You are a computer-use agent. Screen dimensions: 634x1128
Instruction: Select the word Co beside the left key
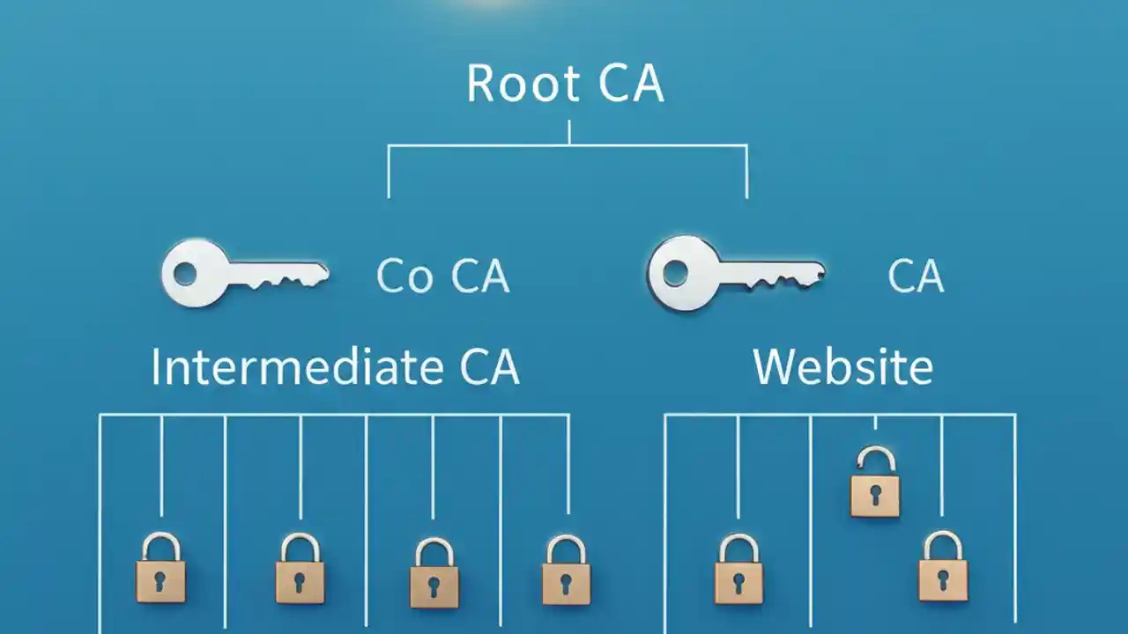click(404, 276)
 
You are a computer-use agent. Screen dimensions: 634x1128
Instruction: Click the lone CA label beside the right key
click(916, 276)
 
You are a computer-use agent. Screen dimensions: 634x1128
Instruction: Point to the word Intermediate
click(301, 367)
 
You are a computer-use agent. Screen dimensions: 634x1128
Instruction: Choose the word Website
click(842, 367)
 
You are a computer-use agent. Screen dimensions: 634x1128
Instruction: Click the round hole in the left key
click(186, 274)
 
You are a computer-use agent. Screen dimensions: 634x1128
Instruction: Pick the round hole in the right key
click(674, 274)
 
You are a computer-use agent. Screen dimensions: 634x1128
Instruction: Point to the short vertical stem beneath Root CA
click(569, 132)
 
